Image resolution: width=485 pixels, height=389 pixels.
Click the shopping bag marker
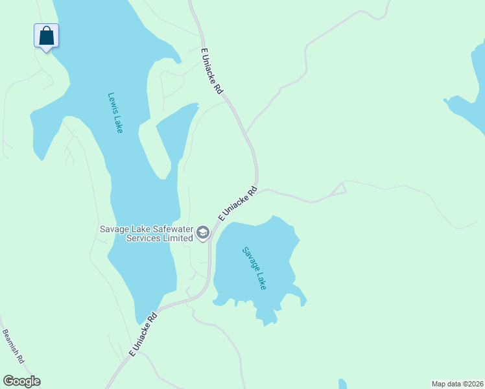click(46, 36)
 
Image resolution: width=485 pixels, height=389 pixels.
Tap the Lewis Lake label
click(115, 113)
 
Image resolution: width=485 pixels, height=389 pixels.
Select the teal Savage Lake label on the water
click(254, 268)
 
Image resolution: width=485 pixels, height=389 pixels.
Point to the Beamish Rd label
click(13, 346)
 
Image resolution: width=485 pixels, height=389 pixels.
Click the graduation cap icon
click(203, 233)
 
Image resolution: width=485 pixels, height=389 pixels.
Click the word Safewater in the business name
click(154, 228)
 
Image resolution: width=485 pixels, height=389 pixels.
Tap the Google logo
click(21, 381)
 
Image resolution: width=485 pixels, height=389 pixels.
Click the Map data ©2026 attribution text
click(458, 383)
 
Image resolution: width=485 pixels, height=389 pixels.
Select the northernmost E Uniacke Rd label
click(212, 71)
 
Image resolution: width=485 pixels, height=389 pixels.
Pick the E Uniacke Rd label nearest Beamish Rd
click(144, 335)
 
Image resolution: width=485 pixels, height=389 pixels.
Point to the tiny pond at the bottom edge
click(342, 384)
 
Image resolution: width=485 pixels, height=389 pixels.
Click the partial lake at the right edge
click(470, 104)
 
